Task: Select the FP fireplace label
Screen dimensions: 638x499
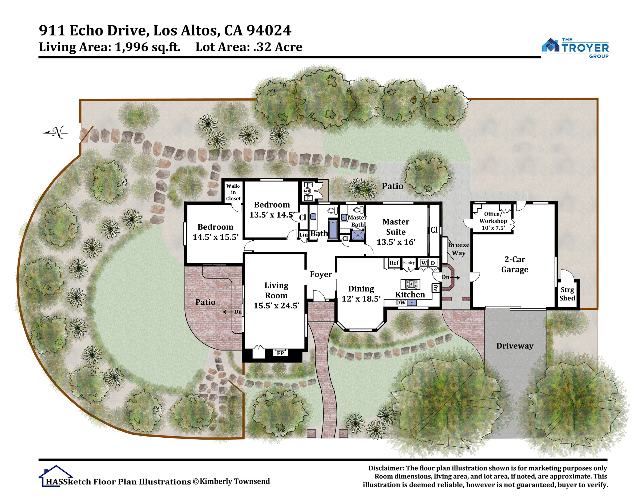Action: click(x=280, y=353)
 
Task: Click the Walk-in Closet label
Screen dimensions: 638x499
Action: click(x=233, y=192)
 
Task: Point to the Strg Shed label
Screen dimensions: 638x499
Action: click(x=567, y=294)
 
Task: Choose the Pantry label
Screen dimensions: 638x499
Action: click(x=409, y=262)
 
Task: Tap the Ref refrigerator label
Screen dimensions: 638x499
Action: click(x=394, y=262)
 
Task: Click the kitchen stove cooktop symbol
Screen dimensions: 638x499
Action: click(x=410, y=284)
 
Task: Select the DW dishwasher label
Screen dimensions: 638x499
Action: click(x=401, y=302)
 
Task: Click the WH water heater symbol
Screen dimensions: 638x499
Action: click(x=307, y=191)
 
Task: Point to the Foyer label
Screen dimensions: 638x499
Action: click(x=321, y=274)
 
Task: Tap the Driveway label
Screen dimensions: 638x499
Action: click(x=515, y=346)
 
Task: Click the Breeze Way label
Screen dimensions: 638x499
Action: click(x=459, y=249)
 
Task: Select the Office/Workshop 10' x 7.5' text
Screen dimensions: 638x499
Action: click(x=493, y=221)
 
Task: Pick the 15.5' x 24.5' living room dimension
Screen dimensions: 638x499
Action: click(x=276, y=305)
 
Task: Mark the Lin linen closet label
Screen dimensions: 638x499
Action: click(x=304, y=234)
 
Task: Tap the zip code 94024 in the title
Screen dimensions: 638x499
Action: click(x=269, y=30)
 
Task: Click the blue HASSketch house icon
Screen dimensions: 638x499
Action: click(x=56, y=476)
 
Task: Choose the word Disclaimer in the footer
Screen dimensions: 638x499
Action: click(x=386, y=468)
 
